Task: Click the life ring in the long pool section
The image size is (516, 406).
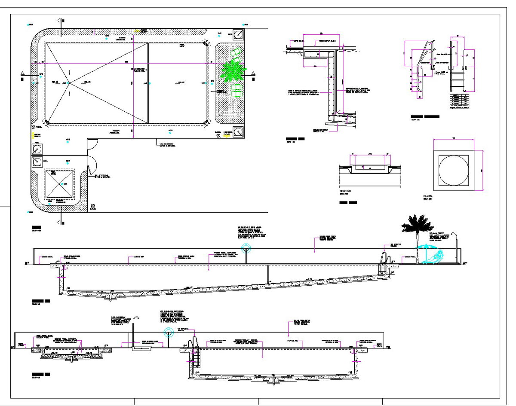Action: pos(246,248)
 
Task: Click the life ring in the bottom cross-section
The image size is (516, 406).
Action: pos(169,333)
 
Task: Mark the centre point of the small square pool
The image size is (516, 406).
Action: pos(60,184)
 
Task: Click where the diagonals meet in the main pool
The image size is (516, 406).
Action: pos(69,82)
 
